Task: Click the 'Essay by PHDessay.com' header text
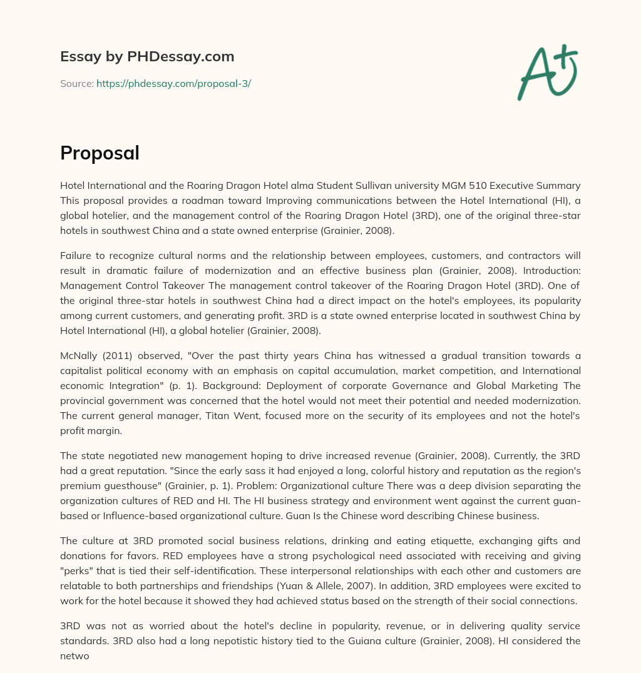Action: click(147, 57)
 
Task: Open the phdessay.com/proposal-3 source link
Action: click(173, 83)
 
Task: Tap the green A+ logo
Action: click(547, 72)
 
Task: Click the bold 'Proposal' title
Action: click(100, 153)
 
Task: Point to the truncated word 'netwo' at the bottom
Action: click(73, 655)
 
